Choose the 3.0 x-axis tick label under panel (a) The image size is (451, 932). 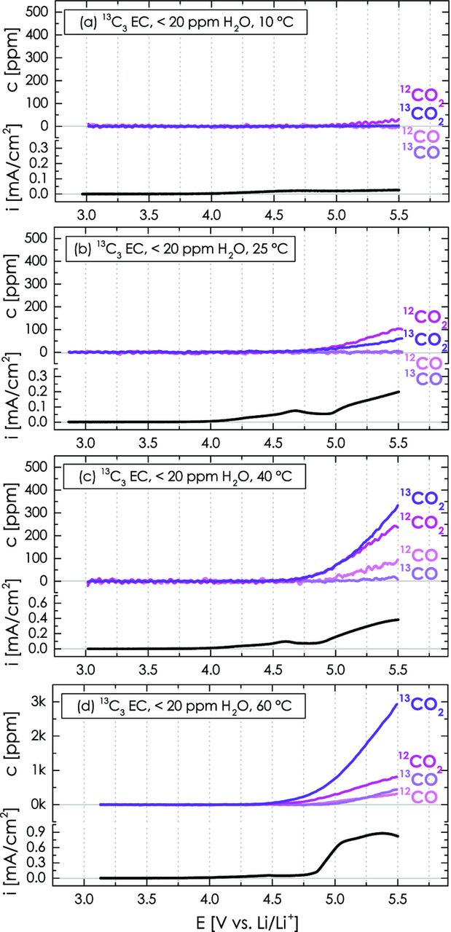(86, 216)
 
